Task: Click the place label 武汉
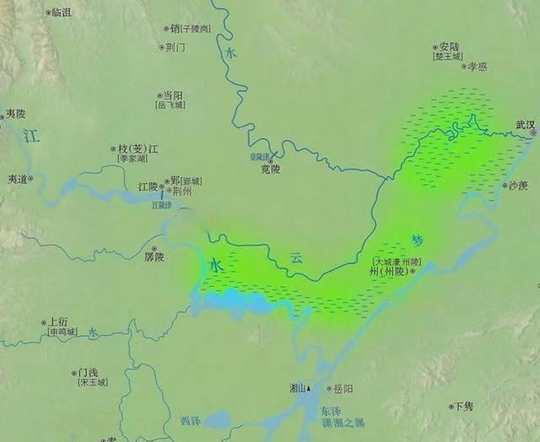click(x=526, y=125)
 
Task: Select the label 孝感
click(x=478, y=66)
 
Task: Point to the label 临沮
click(x=61, y=13)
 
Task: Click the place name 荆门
click(x=175, y=47)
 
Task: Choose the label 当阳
click(x=172, y=96)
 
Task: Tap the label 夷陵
click(x=15, y=113)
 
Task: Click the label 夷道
click(x=18, y=179)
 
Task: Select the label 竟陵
click(x=270, y=169)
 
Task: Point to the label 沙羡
click(x=516, y=186)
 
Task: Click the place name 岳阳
click(x=343, y=389)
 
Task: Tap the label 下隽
click(x=463, y=406)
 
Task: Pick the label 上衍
click(x=58, y=321)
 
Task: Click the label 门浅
click(x=88, y=372)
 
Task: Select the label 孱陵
click(x=154, y=256)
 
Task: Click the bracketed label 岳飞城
click(x=170, y=106)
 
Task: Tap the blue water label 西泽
click(x=192, y=419)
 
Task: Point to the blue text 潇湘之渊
click(x=343, y=422)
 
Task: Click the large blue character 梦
click(x=418, y=240)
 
